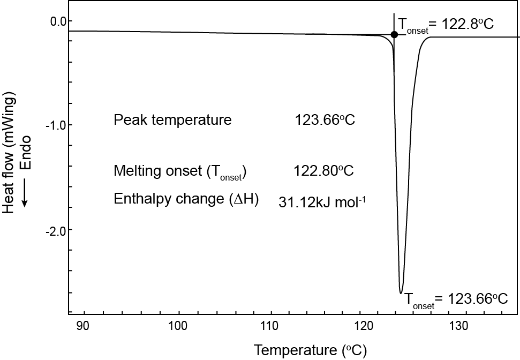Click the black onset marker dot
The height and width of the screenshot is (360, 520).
394,34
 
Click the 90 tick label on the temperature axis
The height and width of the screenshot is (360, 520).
83,326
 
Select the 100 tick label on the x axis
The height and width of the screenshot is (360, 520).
177,326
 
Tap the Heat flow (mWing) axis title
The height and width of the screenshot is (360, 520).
9,153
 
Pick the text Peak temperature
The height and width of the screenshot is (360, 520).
172,119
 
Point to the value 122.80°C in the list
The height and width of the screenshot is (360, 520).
323,171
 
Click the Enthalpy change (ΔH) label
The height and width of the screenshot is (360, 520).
186,199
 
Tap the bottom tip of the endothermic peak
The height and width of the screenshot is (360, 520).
401,292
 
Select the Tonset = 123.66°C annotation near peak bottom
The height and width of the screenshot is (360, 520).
456,299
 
